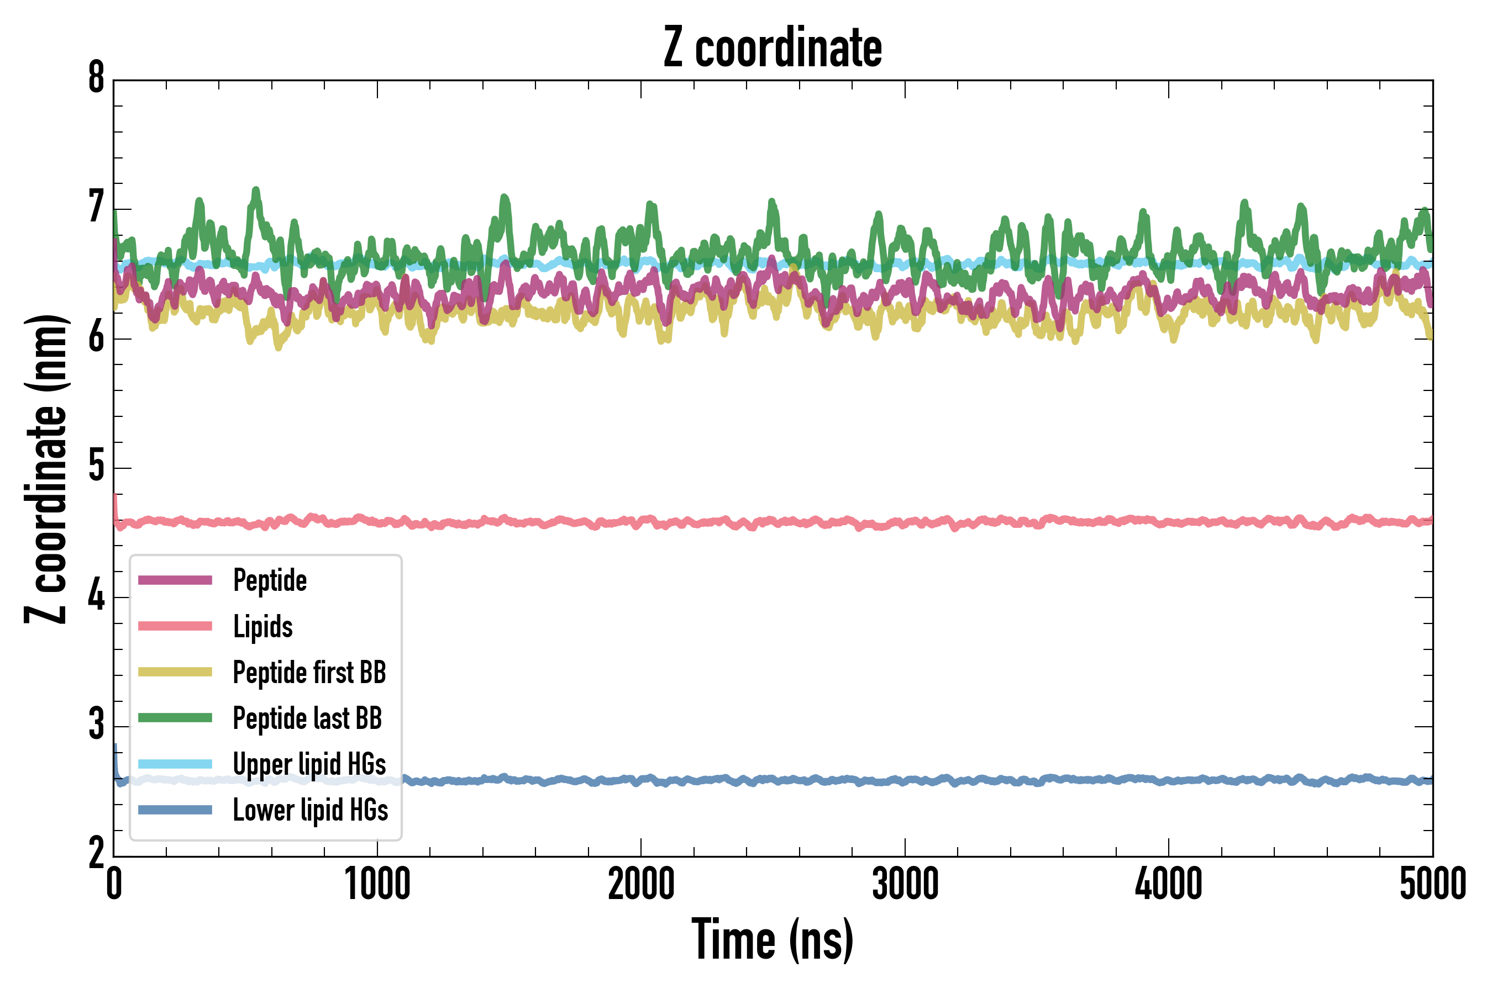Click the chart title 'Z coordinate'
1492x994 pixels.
click(x=772, y=47)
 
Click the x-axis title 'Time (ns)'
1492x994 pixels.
click(x=772, y=940)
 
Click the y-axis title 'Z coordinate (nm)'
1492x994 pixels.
click(x=46, y=469)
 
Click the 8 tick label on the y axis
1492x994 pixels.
click(x=96, y=78)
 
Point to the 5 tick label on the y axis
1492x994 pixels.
click(x=96, y=467)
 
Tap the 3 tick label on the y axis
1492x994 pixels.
click(x=96, y=725)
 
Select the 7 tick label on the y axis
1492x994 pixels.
click(x=96, y=208)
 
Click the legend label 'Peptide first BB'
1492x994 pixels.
click(x=309, y=673)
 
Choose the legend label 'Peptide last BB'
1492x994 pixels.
click(x=308, y=718)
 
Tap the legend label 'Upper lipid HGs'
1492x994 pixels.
click(x=309, y=764)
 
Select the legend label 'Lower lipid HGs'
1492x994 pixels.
click(x=311, y=810)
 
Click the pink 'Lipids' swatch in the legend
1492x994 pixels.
click(x=175, y=626)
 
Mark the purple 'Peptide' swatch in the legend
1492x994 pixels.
click(x=175, y=580)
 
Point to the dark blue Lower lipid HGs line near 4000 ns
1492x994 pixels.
click(x=1169, y=780)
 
